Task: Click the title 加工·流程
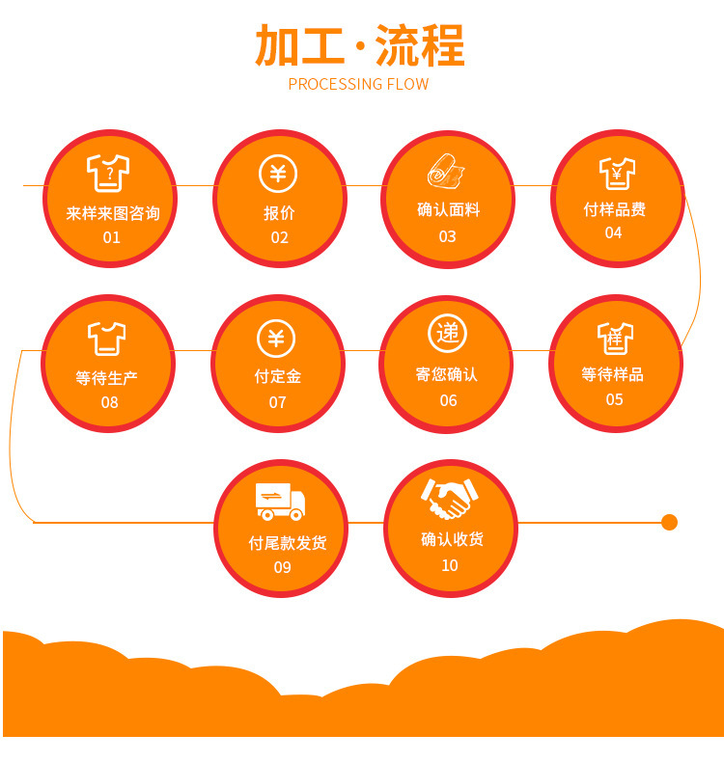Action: click(x=360, y=45)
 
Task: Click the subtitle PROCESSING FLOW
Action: click(x=358, y=84)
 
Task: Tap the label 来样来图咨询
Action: click(x=113, y=213)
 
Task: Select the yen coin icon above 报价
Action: click(x=278, y=175)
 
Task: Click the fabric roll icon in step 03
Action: click(x=446, y=172)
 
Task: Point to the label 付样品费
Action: click(x=614, y=209)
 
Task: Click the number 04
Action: click(x=613, y=233)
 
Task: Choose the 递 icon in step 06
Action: click(x=447, y=334)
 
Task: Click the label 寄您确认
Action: click(x=447, y=374)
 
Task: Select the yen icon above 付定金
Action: click(x=276, y=339)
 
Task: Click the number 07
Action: click(x=277, y=402)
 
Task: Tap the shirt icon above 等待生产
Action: click(x=107, y=339)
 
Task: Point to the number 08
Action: click(x=109, y=402)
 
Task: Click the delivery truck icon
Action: click(x=280, y=502)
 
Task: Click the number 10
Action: click(x=450, y=565)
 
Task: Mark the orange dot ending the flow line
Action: click(x=669, y=523)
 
